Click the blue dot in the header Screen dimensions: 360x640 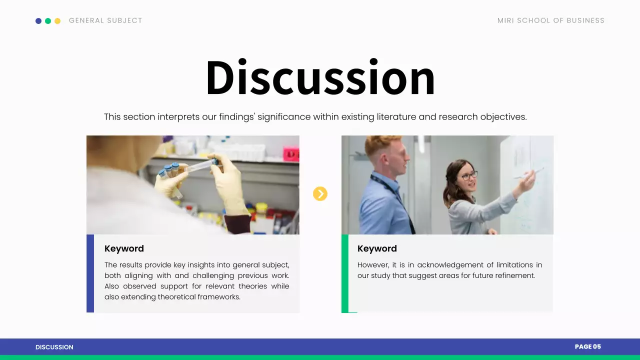(x=38, y=21)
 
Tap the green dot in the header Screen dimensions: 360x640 (x=48, y=21)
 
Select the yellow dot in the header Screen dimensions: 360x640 (x=57, y=21)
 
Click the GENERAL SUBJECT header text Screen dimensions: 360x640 (x=105, y=20)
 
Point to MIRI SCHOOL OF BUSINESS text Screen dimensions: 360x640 (x=550, y=20)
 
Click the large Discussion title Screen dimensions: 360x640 (x=320, y=77)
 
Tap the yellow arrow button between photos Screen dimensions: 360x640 (x=320, y=193)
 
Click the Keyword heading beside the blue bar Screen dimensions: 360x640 (x=124, y=248)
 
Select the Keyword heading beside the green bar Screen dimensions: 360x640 (x=377, y=248)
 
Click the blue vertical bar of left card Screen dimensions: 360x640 (x=90, y=273)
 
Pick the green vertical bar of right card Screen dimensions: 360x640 (x=345, y=273)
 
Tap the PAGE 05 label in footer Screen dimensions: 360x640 (x=587, y=346)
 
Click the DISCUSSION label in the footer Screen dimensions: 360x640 (x=54, y=347)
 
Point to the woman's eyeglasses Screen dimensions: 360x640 (x=469, y=175)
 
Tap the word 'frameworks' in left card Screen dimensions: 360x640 (x=218, y=297)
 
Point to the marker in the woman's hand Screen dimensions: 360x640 (x=531, y=173)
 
